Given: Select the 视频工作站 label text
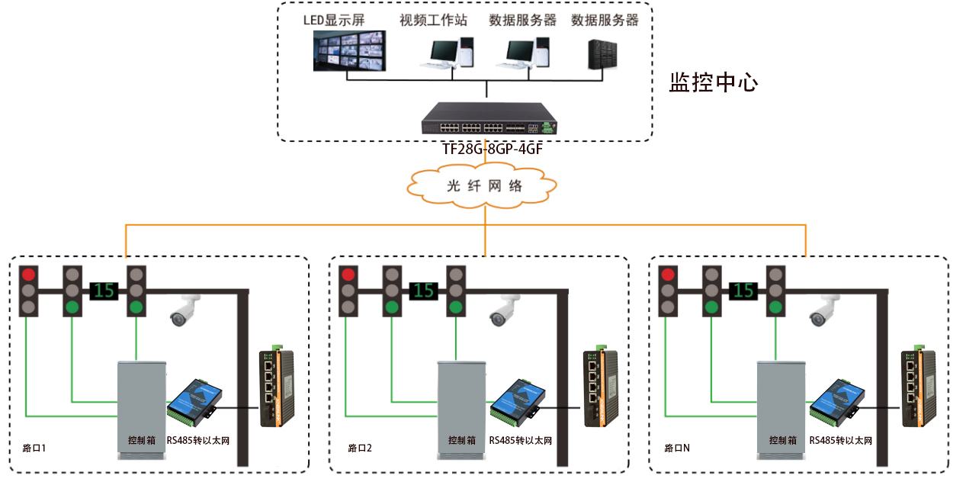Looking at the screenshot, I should coord(433,20).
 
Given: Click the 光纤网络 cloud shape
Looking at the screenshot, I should coord(483,186).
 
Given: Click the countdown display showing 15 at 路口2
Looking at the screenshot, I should coord(425,291).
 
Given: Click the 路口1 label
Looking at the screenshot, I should coord(35,448).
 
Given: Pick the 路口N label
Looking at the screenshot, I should coord(677,448).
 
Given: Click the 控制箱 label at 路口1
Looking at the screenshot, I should coord(142,441).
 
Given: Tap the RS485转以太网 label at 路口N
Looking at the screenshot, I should coord(840,441).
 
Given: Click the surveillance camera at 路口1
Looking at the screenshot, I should coord(185,311).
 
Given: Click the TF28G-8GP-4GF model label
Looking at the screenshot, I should coord(493,149).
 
